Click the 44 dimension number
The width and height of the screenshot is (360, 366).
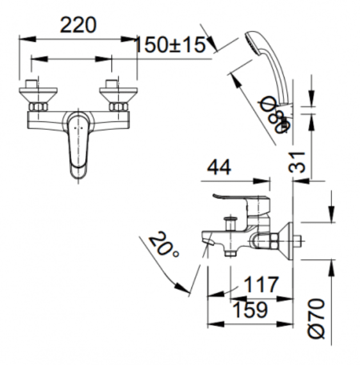point(219,168)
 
